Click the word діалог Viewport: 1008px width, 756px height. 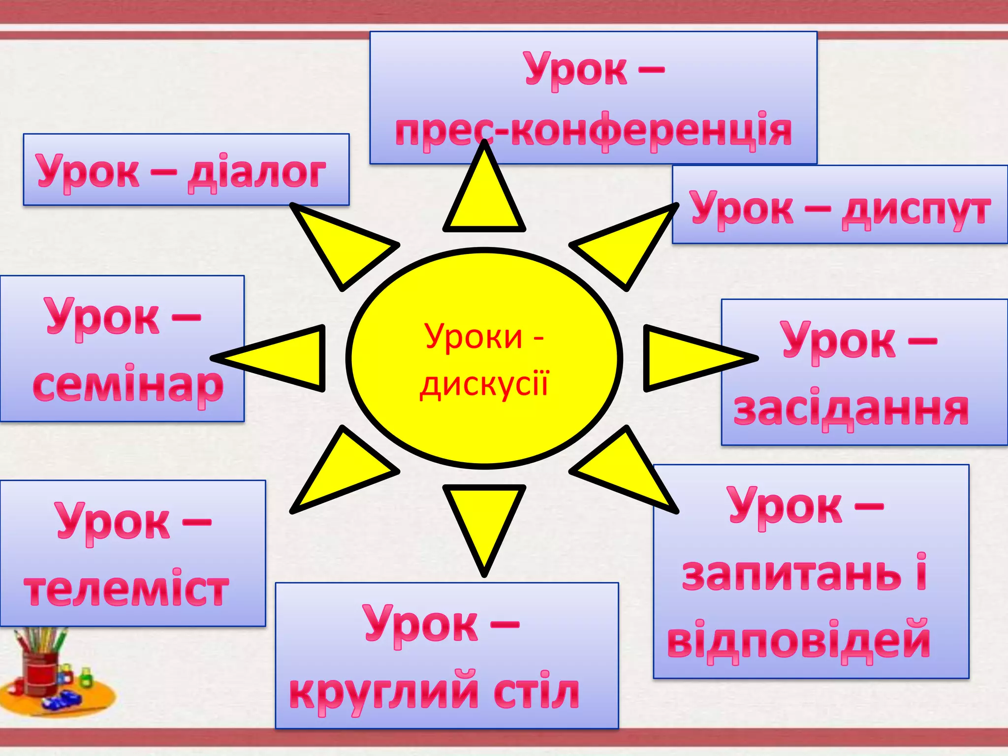click(x=256, y=173)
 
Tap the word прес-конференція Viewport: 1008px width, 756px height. click(x=593, y=132)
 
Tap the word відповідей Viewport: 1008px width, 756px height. click(x=798, y=641)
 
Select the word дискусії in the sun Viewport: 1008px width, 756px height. click(x=484, y=384)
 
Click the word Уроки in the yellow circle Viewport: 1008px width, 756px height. click(x=473, y=337)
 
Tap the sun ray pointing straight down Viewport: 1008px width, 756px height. click(x=484, y=522)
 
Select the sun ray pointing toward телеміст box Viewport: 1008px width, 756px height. click(x=340, y=472)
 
